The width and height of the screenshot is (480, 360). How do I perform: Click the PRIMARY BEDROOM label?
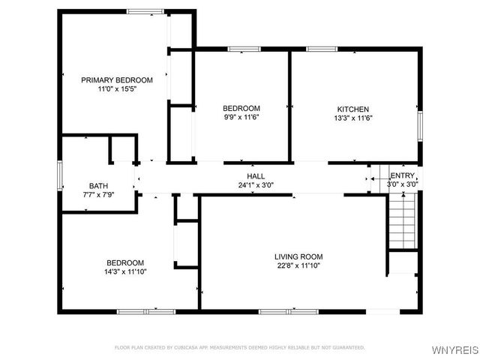pos(116,79)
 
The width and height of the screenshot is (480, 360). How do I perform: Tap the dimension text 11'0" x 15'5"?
pos(116,89)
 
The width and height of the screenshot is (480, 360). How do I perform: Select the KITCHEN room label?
pos(352,109)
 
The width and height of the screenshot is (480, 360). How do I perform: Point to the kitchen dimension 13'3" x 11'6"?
pos(352,118)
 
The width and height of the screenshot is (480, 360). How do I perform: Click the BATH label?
pos(98,186)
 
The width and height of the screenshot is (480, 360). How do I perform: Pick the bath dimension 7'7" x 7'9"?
pos(98,195)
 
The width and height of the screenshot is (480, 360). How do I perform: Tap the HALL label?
pos(256,175)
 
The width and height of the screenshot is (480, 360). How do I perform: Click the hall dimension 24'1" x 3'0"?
pos(256,184)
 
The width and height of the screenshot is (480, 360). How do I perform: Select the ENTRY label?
pos(401,175)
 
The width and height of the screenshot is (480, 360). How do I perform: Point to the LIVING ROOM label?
pos(298,256)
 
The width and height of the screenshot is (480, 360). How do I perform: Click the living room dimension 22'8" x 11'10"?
pos(298,265)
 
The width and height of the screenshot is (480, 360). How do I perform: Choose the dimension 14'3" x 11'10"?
pos(125,272)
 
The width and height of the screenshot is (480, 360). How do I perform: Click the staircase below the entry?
pos(402,220)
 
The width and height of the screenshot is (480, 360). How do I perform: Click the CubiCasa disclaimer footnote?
pos(240,347)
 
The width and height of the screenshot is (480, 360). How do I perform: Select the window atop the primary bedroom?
pos(145,10)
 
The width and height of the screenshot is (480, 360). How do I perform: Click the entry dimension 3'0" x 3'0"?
pos(402,184)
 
